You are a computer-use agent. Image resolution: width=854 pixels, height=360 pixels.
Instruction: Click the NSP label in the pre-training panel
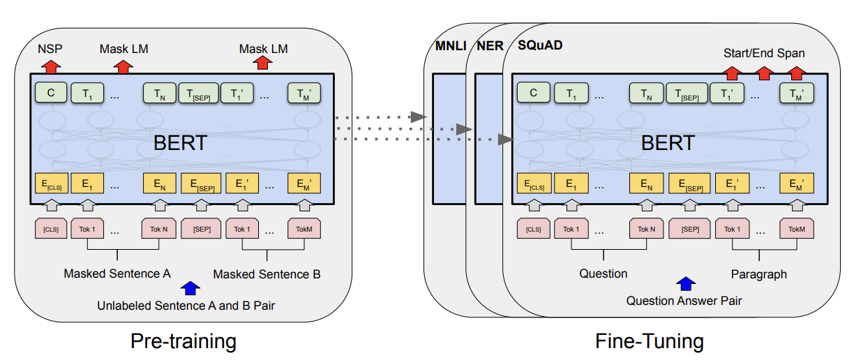50,49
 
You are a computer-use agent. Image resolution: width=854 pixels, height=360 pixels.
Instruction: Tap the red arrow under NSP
51,66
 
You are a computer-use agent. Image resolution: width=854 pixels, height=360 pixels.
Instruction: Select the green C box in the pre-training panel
51,93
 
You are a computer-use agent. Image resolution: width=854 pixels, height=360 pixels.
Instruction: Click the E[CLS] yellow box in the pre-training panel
52,183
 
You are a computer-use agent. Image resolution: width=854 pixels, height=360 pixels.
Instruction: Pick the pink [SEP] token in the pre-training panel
201,228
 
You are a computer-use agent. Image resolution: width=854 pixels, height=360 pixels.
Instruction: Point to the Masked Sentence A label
117,273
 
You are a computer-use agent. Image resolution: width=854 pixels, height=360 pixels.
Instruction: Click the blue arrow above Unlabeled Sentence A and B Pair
190,288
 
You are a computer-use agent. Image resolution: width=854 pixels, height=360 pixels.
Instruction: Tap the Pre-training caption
183,341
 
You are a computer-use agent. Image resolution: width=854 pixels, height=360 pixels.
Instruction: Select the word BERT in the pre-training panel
180,143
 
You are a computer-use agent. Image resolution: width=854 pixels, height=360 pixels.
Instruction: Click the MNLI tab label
451,46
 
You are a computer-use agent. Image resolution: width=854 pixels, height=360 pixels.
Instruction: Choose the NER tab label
490,46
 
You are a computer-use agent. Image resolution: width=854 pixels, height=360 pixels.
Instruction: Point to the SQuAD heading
540,45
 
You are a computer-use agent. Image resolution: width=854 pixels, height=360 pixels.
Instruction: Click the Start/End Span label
764,53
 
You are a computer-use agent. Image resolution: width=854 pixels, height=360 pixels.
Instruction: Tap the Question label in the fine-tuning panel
603,273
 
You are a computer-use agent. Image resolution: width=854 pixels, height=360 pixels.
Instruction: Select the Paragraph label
758,274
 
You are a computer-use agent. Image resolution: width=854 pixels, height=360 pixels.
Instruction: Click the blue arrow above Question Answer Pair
685,283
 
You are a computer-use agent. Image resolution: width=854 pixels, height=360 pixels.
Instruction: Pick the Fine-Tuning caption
650,341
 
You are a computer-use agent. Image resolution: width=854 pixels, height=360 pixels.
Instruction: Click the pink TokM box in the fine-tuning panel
796,228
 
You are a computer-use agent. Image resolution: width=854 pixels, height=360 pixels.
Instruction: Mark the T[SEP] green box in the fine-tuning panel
687,93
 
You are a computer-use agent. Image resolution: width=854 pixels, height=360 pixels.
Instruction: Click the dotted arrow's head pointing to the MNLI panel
419,117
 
